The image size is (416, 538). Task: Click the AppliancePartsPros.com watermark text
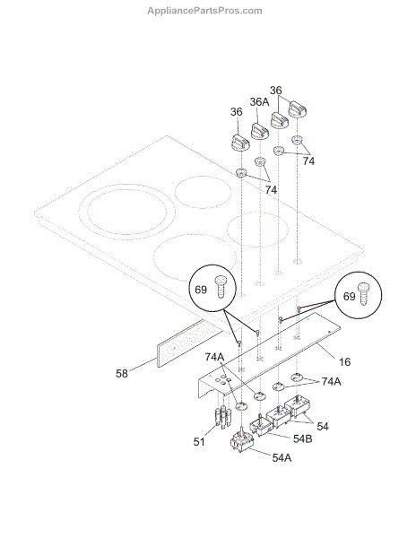tap(204, 11)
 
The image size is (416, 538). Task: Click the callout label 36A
tap(259, 102)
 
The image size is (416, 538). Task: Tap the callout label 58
tap(122, 373)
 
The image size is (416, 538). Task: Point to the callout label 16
tap(344, 361)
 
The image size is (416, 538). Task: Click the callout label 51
tap(199, 441)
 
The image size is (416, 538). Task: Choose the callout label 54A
tap(282, 457)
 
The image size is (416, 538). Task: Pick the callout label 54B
tap(302, 438)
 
